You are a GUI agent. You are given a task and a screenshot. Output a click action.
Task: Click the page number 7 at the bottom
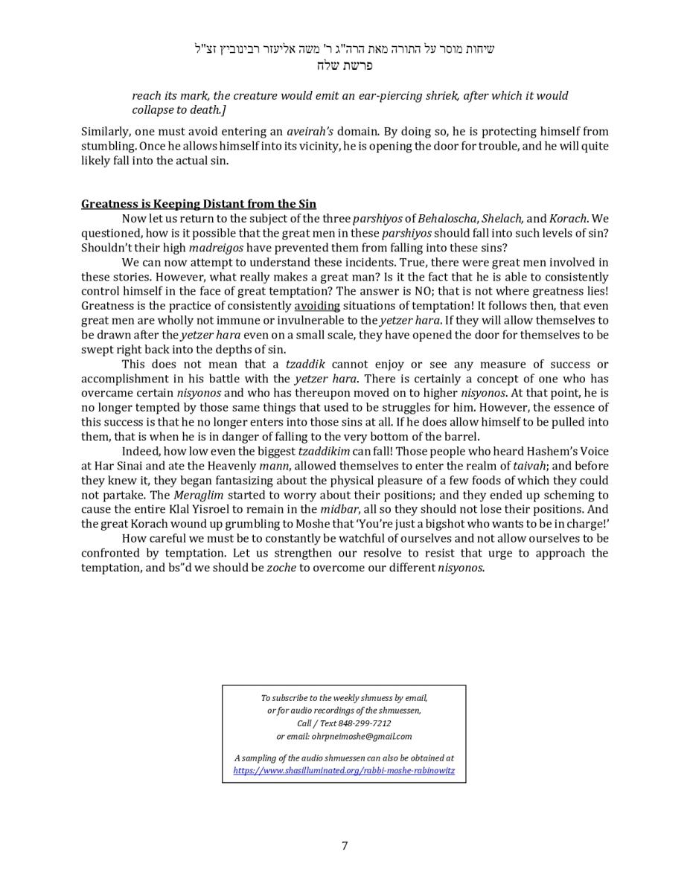click(x=345, y=845)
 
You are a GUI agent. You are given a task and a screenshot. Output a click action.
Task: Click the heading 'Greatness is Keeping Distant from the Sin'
click(x=199, y=204)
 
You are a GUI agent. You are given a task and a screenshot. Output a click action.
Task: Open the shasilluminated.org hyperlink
click(x=344, y=771)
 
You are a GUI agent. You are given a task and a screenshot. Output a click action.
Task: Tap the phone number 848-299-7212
click(x=364, y=723)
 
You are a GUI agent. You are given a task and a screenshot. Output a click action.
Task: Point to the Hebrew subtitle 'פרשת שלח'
click(x=344, y=65)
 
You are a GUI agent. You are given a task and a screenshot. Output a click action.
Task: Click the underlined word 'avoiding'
click(x=317, y=306)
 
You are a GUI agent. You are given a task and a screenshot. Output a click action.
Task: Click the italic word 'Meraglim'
click(x=199, y=495)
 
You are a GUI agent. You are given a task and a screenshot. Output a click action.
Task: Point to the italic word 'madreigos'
click(x=216, y=248)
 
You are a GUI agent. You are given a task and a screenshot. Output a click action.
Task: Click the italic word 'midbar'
click(x=339, y=509)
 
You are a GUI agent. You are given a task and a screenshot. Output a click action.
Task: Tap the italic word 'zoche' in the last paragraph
click(x=281, y=568)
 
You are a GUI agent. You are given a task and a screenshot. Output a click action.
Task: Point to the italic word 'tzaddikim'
click(x=324, y=452)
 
